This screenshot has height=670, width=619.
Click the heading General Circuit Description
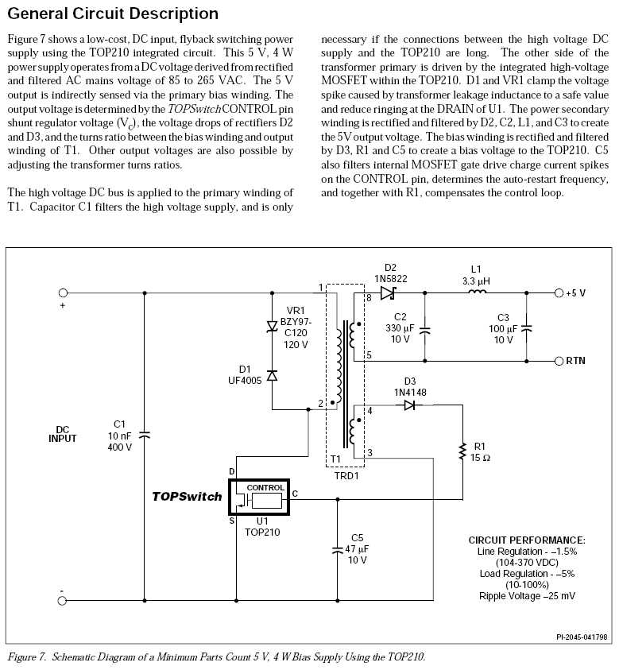click(112, 14)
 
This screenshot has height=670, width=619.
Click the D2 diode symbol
click(389, 292)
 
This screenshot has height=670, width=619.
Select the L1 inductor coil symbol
click(476, 292)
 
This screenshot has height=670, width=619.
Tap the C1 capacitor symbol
click(144, 435)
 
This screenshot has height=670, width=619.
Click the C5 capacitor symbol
click(338, 549)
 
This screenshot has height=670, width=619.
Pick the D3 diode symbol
click(409, 405)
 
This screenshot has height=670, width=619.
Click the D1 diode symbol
click(272, 375)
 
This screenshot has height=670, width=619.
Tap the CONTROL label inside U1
click(265, 487)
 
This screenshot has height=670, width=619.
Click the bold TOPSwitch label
click(187, 496)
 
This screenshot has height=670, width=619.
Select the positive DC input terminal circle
click(63, 292)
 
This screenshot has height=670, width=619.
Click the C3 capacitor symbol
click(526, 327)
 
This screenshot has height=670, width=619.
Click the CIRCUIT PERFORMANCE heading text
click(527, 540)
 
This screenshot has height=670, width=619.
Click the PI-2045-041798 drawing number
click(582, 637)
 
